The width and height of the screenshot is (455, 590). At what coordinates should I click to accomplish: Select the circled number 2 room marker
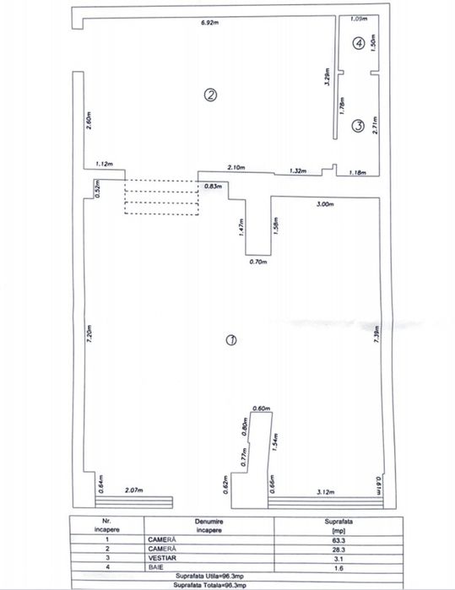click(212, 95)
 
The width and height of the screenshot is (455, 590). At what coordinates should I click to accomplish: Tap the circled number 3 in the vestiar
click(358, 127)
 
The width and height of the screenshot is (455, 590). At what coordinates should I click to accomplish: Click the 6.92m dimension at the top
click(211, 23)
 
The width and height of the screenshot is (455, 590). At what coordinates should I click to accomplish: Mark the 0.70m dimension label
click(258, 263)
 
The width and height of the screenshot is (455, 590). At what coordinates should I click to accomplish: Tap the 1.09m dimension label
click(358, 18)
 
